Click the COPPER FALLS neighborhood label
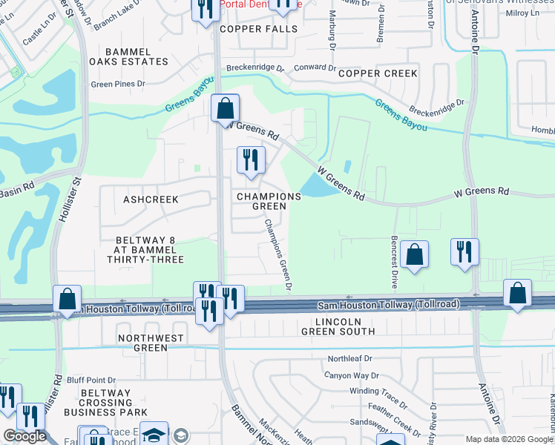[258, 29]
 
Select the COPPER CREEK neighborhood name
[378, 73]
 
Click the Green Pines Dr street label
[118, 84]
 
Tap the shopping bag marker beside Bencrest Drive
[414, 254]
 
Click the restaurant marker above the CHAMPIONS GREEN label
[251, 160]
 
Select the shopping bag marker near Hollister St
[67, 299]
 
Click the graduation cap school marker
[154, 434]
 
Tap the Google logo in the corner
[24, 436]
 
